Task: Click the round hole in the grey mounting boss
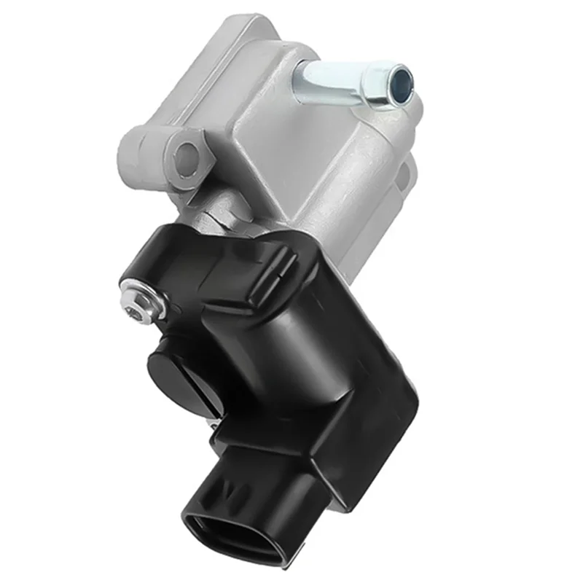pos(187,154)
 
